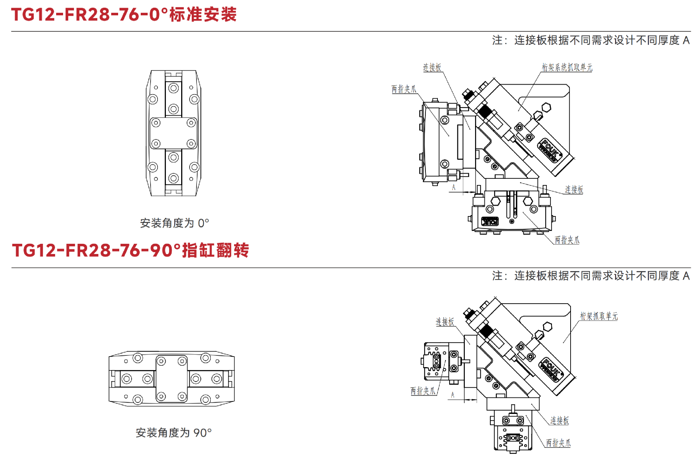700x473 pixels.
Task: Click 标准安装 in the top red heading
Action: coord(203,15)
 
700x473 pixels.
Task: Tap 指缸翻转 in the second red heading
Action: coord(215,250)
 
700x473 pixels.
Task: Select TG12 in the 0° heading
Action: coord(33,15)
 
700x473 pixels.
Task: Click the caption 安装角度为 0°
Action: coord(175,223)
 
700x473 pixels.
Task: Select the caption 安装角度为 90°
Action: coord(174,432)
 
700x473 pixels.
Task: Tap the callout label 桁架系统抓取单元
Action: coord(567,67)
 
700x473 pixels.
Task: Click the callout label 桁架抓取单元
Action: coord(599,316)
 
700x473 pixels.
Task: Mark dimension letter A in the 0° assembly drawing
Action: coord(454,187)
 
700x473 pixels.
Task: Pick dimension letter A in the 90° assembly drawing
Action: coord(453,395)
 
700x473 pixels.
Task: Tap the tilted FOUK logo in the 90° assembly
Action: coord(551,370)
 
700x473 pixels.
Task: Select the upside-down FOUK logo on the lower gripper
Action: coord(490,221)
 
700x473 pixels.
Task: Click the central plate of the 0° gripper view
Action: coord(174,133)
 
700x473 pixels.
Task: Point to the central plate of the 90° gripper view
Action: coord(172,379)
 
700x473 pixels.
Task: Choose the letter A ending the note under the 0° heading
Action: coord(686,40)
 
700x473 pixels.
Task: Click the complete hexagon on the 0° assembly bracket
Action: coord(546,108)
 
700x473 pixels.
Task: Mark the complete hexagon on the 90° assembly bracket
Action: coord(547,327)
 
